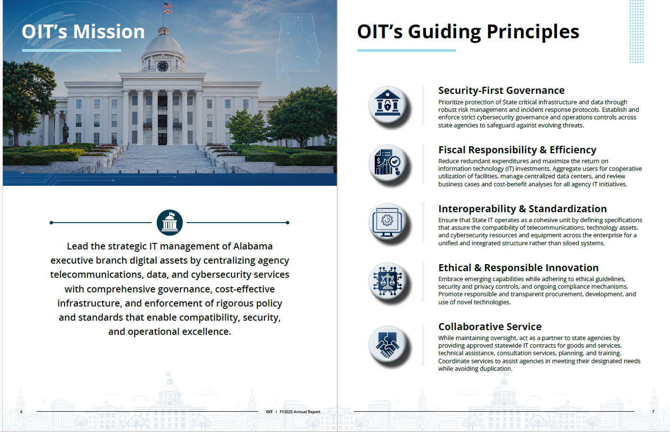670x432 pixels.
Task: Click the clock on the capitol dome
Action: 163,66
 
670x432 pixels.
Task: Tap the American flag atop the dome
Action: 168,5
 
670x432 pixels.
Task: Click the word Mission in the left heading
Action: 109,32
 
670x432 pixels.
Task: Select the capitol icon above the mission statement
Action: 170,223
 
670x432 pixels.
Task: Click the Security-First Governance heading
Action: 501,91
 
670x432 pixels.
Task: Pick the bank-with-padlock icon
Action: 388,105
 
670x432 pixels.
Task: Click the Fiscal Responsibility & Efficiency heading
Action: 517,150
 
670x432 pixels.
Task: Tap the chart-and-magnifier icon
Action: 388,163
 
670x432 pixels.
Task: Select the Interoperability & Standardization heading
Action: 523,208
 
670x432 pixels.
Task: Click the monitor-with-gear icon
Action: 388,222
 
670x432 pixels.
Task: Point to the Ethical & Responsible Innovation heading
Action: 518,268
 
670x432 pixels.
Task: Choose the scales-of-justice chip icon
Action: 388,282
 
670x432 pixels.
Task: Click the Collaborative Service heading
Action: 490,327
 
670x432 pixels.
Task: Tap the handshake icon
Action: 388,345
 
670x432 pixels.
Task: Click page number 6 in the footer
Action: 21,412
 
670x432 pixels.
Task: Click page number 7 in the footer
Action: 653,412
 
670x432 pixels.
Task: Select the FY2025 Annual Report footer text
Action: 300,412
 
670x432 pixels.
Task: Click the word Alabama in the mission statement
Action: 253,246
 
